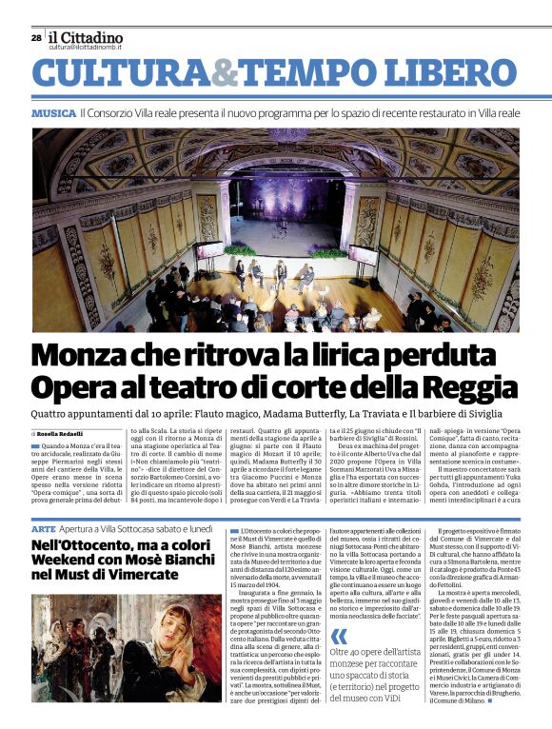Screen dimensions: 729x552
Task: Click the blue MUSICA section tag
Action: [x=53, y=112]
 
